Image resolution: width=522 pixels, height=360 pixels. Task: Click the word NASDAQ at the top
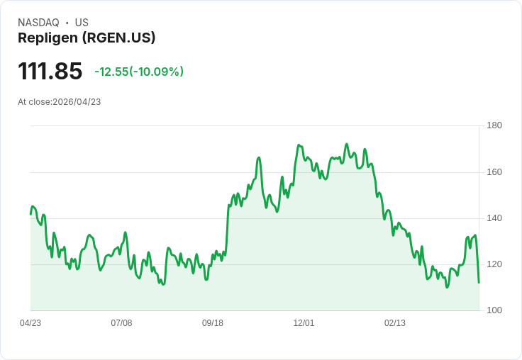pos(38,23)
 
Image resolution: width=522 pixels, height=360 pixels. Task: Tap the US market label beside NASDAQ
pos(82,23)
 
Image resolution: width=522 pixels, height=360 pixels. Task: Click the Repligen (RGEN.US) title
pos(87,38)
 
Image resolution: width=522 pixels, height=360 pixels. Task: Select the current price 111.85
pos(50,71)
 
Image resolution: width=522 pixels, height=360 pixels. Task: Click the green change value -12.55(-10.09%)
pos(139,72)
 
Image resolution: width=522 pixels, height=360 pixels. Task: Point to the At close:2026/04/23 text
pos(60,102)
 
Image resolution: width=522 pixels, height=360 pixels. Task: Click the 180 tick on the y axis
pos(494,125)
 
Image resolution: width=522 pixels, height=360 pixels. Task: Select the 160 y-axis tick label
pos(494,172)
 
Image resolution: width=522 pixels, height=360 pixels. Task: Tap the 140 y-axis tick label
pos(494,218)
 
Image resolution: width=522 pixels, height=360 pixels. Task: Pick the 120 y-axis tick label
pos(494,264)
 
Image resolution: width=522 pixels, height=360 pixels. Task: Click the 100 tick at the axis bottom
pos(494,310)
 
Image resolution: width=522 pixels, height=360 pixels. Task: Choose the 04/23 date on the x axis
pos(30,323)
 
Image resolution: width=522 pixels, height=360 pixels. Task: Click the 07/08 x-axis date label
pos(121,323)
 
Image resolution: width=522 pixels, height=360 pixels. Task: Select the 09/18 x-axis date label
pos(213,323)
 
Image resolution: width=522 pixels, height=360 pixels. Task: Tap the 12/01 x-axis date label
pos(304,323)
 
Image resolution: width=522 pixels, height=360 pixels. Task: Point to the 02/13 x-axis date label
pos(395,323)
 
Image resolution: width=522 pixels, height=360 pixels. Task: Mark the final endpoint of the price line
pos(479,283)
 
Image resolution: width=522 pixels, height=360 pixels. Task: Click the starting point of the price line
pos(30,213)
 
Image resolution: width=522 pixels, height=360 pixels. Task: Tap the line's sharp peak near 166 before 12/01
pos(259,157)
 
